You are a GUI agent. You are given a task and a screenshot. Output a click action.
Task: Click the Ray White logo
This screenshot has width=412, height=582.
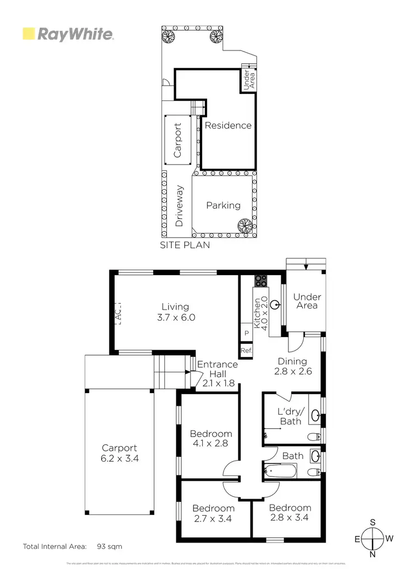click(x=68, y=34)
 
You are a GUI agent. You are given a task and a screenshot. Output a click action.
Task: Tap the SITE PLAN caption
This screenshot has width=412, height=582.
click(x=185, y=245)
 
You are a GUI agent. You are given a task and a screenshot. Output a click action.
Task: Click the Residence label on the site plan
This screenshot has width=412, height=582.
click(x=228, y=125)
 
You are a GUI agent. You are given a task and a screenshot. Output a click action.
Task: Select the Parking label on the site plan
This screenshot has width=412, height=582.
click(x=223, y=205)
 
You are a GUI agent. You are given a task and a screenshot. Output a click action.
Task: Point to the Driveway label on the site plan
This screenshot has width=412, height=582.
click(x=179, y=206)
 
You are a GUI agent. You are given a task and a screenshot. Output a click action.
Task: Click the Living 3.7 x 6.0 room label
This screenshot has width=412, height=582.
click(x=175, y=312)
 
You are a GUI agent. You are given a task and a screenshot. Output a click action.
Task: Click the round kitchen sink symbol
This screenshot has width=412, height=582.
click(x=275, y=303)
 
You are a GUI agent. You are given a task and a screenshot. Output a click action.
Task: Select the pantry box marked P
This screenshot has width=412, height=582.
click(x=246, y=333)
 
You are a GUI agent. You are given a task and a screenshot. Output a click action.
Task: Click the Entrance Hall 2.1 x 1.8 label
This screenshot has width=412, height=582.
click(x=218, y=373)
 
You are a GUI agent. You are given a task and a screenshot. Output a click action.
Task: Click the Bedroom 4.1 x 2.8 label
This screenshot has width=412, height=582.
click(x=211, y=438)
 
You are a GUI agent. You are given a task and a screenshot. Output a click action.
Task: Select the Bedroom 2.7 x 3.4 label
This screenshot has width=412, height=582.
click(x=213, y=512)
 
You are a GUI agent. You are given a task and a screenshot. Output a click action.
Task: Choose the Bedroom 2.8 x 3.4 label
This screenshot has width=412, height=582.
click(x=290, y=512)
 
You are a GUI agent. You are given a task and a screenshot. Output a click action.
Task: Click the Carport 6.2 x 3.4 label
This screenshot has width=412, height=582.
click(x=119, y=452)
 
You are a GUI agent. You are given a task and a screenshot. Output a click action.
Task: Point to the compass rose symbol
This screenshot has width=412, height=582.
click(x=373, y=538)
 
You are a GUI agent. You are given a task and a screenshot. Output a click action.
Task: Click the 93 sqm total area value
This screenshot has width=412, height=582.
click(x=109, y=546)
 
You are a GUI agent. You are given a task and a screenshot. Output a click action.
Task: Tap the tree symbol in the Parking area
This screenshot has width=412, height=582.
click(x=244, y=225)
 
